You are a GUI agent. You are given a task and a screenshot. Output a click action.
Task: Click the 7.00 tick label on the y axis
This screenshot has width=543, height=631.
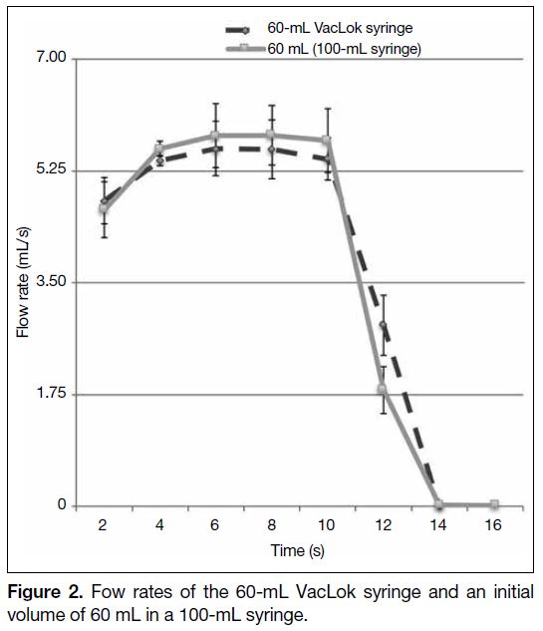[x=51, y=57]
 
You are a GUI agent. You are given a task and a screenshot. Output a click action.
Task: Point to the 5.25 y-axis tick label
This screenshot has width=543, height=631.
[x=51, y=168]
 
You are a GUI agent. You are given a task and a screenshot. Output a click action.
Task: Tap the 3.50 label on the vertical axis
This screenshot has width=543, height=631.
[x=51, y=280]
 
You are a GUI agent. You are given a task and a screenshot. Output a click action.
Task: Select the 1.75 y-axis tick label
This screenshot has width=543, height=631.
[x=52, y=393]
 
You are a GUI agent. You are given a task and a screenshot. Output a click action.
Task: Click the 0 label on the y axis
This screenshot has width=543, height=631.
[x=62, y=503]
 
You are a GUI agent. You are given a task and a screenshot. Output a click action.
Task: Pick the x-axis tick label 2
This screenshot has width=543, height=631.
[x=103, y=525]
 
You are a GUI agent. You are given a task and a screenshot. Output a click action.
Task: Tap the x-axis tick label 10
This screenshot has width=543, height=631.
[x=326, y=525]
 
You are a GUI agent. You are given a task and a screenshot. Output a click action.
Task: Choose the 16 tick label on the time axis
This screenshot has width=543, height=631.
[x=493, y=525]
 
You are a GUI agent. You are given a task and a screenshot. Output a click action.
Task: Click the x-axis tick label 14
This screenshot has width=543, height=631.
[x=437, y=525]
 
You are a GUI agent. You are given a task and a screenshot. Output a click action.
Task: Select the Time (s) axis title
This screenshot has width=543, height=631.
[x=297, y=550]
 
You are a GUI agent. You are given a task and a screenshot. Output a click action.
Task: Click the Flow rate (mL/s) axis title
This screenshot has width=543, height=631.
[x=23, y=282]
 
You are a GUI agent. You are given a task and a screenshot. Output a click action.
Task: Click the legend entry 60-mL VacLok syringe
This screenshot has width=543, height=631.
[x=340, y=28]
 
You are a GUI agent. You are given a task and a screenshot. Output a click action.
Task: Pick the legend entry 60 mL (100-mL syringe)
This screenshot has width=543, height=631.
[x=345, y=49]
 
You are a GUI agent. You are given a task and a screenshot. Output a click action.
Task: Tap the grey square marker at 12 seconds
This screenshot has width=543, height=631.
[x=383, y=389]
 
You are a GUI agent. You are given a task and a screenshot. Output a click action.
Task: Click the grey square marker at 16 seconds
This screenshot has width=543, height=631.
[x=494, y=503]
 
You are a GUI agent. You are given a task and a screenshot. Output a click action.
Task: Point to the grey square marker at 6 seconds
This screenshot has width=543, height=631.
[x=215, y=135]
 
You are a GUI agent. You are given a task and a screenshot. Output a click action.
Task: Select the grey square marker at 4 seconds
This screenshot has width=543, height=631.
[x=159, y=149]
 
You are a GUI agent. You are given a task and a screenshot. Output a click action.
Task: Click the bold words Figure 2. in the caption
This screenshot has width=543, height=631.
[x=46, y=592]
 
